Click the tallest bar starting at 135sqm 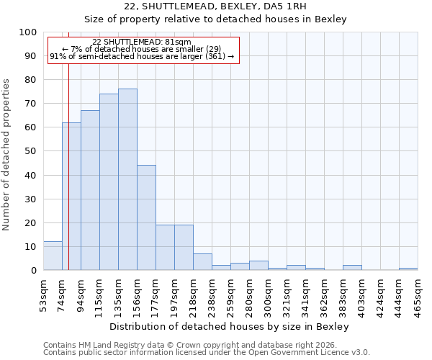click(x=127, y=179)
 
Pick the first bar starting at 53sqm click(x=53, y=256)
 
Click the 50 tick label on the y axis click(x=30, y=151)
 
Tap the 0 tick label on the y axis click(x=33, y=270)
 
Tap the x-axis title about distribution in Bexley click(x=230, y=326)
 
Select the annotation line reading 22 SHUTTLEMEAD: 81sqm click(x=142, y=42)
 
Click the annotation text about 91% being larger click(x=142, y=56)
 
